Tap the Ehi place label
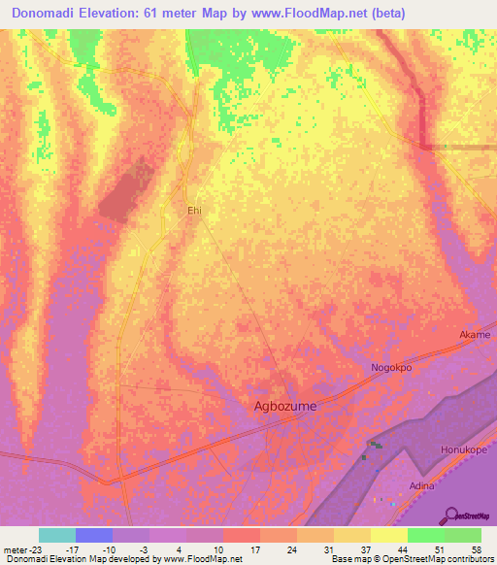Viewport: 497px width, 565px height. point(194,209)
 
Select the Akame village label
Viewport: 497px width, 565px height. point(475,335)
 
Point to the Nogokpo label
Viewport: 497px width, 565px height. point(392,368)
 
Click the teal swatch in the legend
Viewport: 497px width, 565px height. point(57,535)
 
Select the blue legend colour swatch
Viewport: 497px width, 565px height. point(94,535)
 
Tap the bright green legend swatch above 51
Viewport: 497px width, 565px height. point(426,535)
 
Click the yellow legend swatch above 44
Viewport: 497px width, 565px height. point(389,535)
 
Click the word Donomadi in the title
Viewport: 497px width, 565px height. point(53,13)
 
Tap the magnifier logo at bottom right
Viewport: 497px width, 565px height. point(451,515)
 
